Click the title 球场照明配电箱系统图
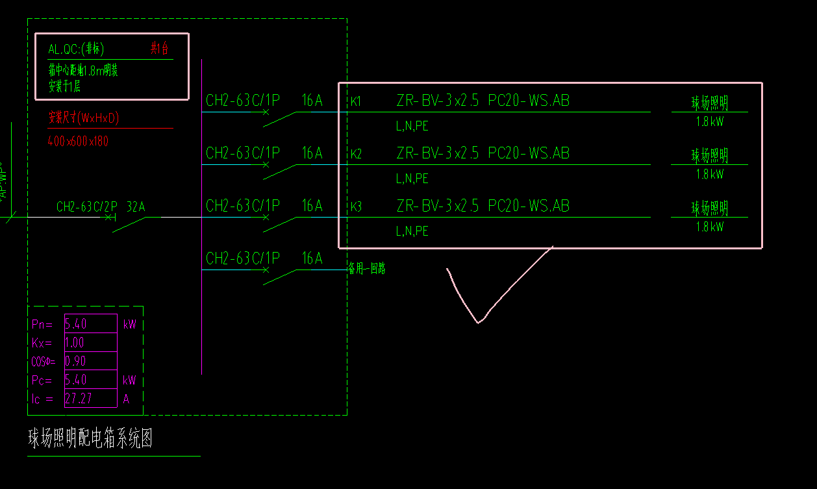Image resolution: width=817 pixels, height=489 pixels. point(90,439)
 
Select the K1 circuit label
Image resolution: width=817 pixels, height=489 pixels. point(356,102)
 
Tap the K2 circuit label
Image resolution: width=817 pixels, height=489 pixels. point(356,155)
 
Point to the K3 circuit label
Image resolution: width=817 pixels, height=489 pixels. point(356,207)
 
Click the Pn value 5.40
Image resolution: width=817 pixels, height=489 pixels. point(76,324)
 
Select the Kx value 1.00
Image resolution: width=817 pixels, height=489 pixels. point(75,343)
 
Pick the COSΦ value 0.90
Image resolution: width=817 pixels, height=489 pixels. point(76,362)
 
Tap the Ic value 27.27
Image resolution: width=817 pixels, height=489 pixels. point(79,399)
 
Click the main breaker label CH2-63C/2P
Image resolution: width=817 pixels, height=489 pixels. point(86,207)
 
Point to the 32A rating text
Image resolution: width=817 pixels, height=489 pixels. point(136,207)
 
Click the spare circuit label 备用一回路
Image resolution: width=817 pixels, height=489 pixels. point(367,269)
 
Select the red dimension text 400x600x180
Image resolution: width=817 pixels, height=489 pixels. point(78,141)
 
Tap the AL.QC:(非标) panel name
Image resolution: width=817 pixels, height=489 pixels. point(76,49)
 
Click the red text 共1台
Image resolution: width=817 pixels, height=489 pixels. point(160,48)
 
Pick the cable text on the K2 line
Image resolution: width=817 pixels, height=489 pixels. point(483,153)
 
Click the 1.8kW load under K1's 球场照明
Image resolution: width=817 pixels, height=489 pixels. point(709,121)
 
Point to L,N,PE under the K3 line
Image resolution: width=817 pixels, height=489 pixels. point(412,231)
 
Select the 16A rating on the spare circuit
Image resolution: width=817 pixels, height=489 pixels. point(312,259)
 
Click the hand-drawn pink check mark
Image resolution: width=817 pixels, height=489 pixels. point(479,318)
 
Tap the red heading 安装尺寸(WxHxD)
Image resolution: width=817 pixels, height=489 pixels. point(84,118)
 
